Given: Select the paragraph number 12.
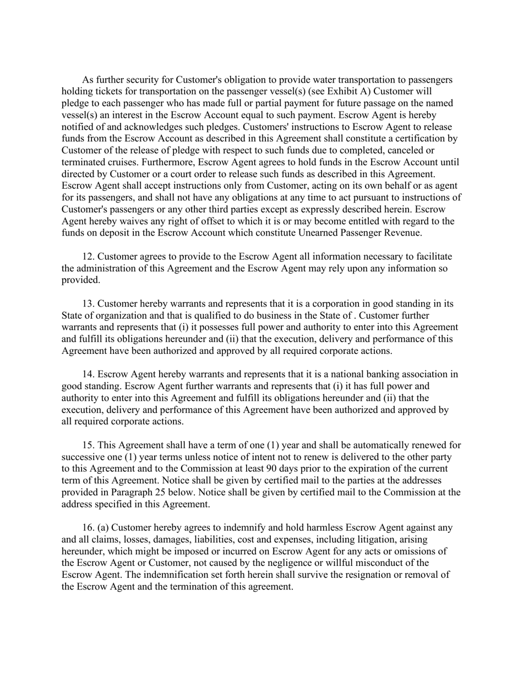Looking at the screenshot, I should (88, 256).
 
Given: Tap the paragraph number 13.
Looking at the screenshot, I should (88, 304).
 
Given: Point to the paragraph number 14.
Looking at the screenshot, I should (88, 375).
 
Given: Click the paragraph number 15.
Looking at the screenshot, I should (88, 445).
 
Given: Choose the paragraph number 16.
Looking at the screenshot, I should (88, 528).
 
